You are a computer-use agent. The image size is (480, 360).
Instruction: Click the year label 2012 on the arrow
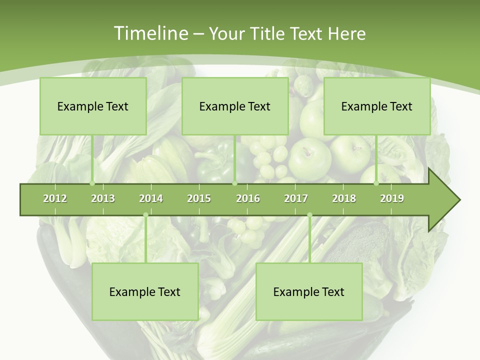[x=55, y=198]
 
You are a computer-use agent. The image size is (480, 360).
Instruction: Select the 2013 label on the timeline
[x=103, y=198]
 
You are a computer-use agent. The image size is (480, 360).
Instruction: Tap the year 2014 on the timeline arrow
[x=151, y=198]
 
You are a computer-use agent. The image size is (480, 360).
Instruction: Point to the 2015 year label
[x=199, y=198]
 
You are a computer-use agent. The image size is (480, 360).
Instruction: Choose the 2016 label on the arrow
[x=248, y=198]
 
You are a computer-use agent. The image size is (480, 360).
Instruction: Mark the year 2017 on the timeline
[x=296, y=198]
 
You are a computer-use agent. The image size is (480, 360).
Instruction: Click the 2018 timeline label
[x=344, y=198]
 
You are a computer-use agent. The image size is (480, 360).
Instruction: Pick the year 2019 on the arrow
[x=392, y=198]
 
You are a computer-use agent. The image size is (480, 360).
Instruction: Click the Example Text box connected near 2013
[x=93, y=106]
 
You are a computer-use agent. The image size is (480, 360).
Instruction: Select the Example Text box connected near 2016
[x=235, y=106]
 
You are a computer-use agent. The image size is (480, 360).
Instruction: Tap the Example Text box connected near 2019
[x=377, y=106]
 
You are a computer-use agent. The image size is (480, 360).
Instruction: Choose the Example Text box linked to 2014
[x=145, y=292]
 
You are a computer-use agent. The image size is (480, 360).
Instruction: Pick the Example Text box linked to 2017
[x=309, y=292]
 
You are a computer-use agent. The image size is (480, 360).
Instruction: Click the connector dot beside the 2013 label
[x=92, y=183]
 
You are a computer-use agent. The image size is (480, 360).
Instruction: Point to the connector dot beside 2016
[x=234, y=183]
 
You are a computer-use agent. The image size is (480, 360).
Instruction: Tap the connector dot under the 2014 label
[x=145, y=215]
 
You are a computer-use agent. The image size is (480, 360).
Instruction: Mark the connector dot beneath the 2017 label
[x=309, y=215]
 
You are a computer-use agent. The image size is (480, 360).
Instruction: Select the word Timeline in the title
[x=150, y=33]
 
